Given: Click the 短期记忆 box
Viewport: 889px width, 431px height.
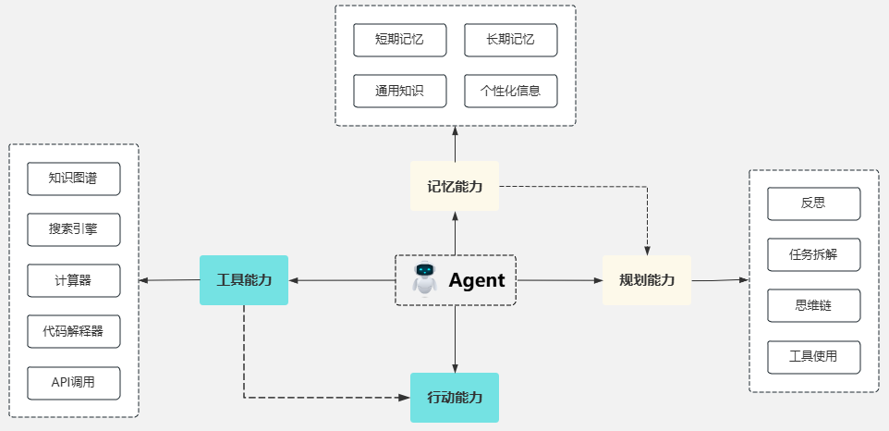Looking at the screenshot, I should coord(400,40).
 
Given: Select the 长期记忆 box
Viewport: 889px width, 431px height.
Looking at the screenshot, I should coord(510,40).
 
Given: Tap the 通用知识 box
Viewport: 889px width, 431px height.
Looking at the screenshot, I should coord(400,91).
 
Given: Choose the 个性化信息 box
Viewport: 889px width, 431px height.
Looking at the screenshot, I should coord(510,91).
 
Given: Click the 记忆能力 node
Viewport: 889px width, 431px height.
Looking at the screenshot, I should coord(455,186).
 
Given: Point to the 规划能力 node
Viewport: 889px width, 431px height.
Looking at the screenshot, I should coord(647,280).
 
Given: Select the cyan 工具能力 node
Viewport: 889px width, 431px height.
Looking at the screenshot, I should coord(244,280).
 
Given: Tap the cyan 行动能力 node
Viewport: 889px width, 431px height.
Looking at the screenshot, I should coord(455,398).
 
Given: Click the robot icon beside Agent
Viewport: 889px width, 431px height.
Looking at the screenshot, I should coord(425,279).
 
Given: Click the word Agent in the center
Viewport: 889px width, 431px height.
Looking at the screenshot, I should coord(477,280).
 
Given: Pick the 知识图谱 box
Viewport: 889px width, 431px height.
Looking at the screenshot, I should coord(74,179).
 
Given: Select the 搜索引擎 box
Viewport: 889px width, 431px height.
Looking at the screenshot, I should coord(74,228).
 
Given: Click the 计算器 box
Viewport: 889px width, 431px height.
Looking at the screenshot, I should coord(74,280).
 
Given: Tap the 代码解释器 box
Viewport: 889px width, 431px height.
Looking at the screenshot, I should coord(74,330).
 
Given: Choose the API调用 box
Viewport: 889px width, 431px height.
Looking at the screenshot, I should coord(74,382).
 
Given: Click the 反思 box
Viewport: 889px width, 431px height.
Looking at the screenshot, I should coord(813,203).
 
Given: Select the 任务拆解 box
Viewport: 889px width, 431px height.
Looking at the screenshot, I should coord(813,254).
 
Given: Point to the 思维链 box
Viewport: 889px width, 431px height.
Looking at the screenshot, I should coord(813,305).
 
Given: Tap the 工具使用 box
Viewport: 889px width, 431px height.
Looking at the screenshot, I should coord(813,356).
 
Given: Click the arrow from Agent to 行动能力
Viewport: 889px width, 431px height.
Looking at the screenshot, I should coord(455,339).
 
